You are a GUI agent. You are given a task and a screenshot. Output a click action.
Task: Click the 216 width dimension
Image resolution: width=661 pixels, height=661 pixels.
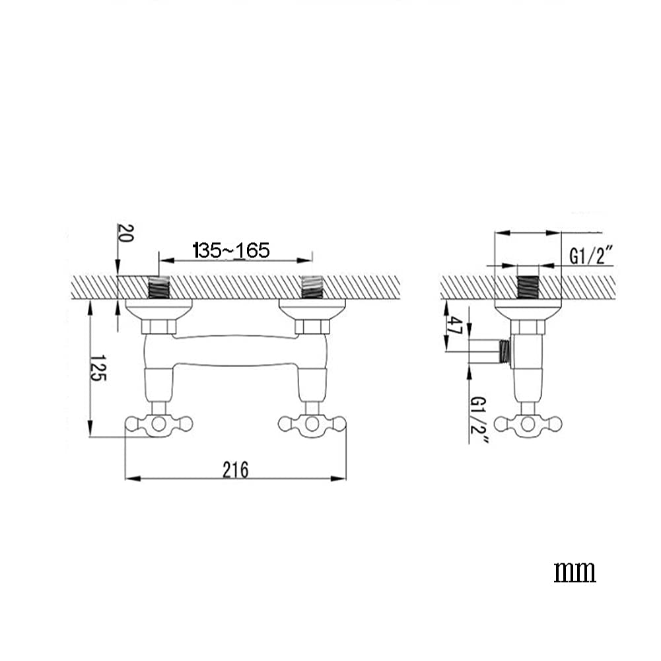pyautogui.click(x=236, y=470)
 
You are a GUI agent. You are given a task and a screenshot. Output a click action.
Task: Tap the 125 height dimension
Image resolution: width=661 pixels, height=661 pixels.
pyautogui.click(x=98, y=368)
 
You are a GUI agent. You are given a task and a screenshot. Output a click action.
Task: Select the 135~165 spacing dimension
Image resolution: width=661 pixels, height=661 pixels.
pyautogui.click(x=231, y=250)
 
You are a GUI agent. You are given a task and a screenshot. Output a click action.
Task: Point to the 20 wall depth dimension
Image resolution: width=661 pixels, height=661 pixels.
pyautogui.click(x=125, y=232)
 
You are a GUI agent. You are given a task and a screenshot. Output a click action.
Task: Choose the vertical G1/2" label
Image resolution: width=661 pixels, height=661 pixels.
pyautogui.click(x=479, y=420)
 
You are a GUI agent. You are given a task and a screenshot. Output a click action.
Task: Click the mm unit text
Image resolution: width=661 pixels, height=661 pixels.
pyautogui.click(x=574, y=572)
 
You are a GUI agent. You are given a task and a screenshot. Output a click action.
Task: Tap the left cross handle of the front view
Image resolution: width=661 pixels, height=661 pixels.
pyautogui.click(x=159, y=424)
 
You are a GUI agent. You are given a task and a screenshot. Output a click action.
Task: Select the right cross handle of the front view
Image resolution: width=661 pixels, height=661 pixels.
pyautogui.click(x=312, y=424)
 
